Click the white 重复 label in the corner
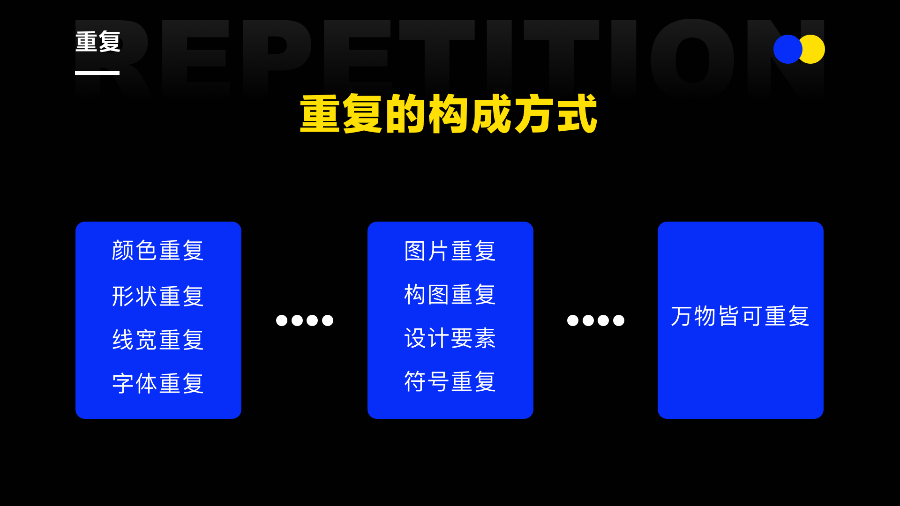98,42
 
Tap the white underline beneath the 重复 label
97,73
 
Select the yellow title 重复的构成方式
449,114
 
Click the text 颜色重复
158,250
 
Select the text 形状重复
158,296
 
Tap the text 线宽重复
158,340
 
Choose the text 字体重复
158,383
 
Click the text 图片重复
450,251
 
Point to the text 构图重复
450,295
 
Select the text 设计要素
450,338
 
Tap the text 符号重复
450,381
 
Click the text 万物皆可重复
740,316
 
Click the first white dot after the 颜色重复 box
282,320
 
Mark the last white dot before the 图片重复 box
328,320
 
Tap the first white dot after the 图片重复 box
573,320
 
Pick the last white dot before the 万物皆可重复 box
619,320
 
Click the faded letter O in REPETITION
692,59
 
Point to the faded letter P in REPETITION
277,56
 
